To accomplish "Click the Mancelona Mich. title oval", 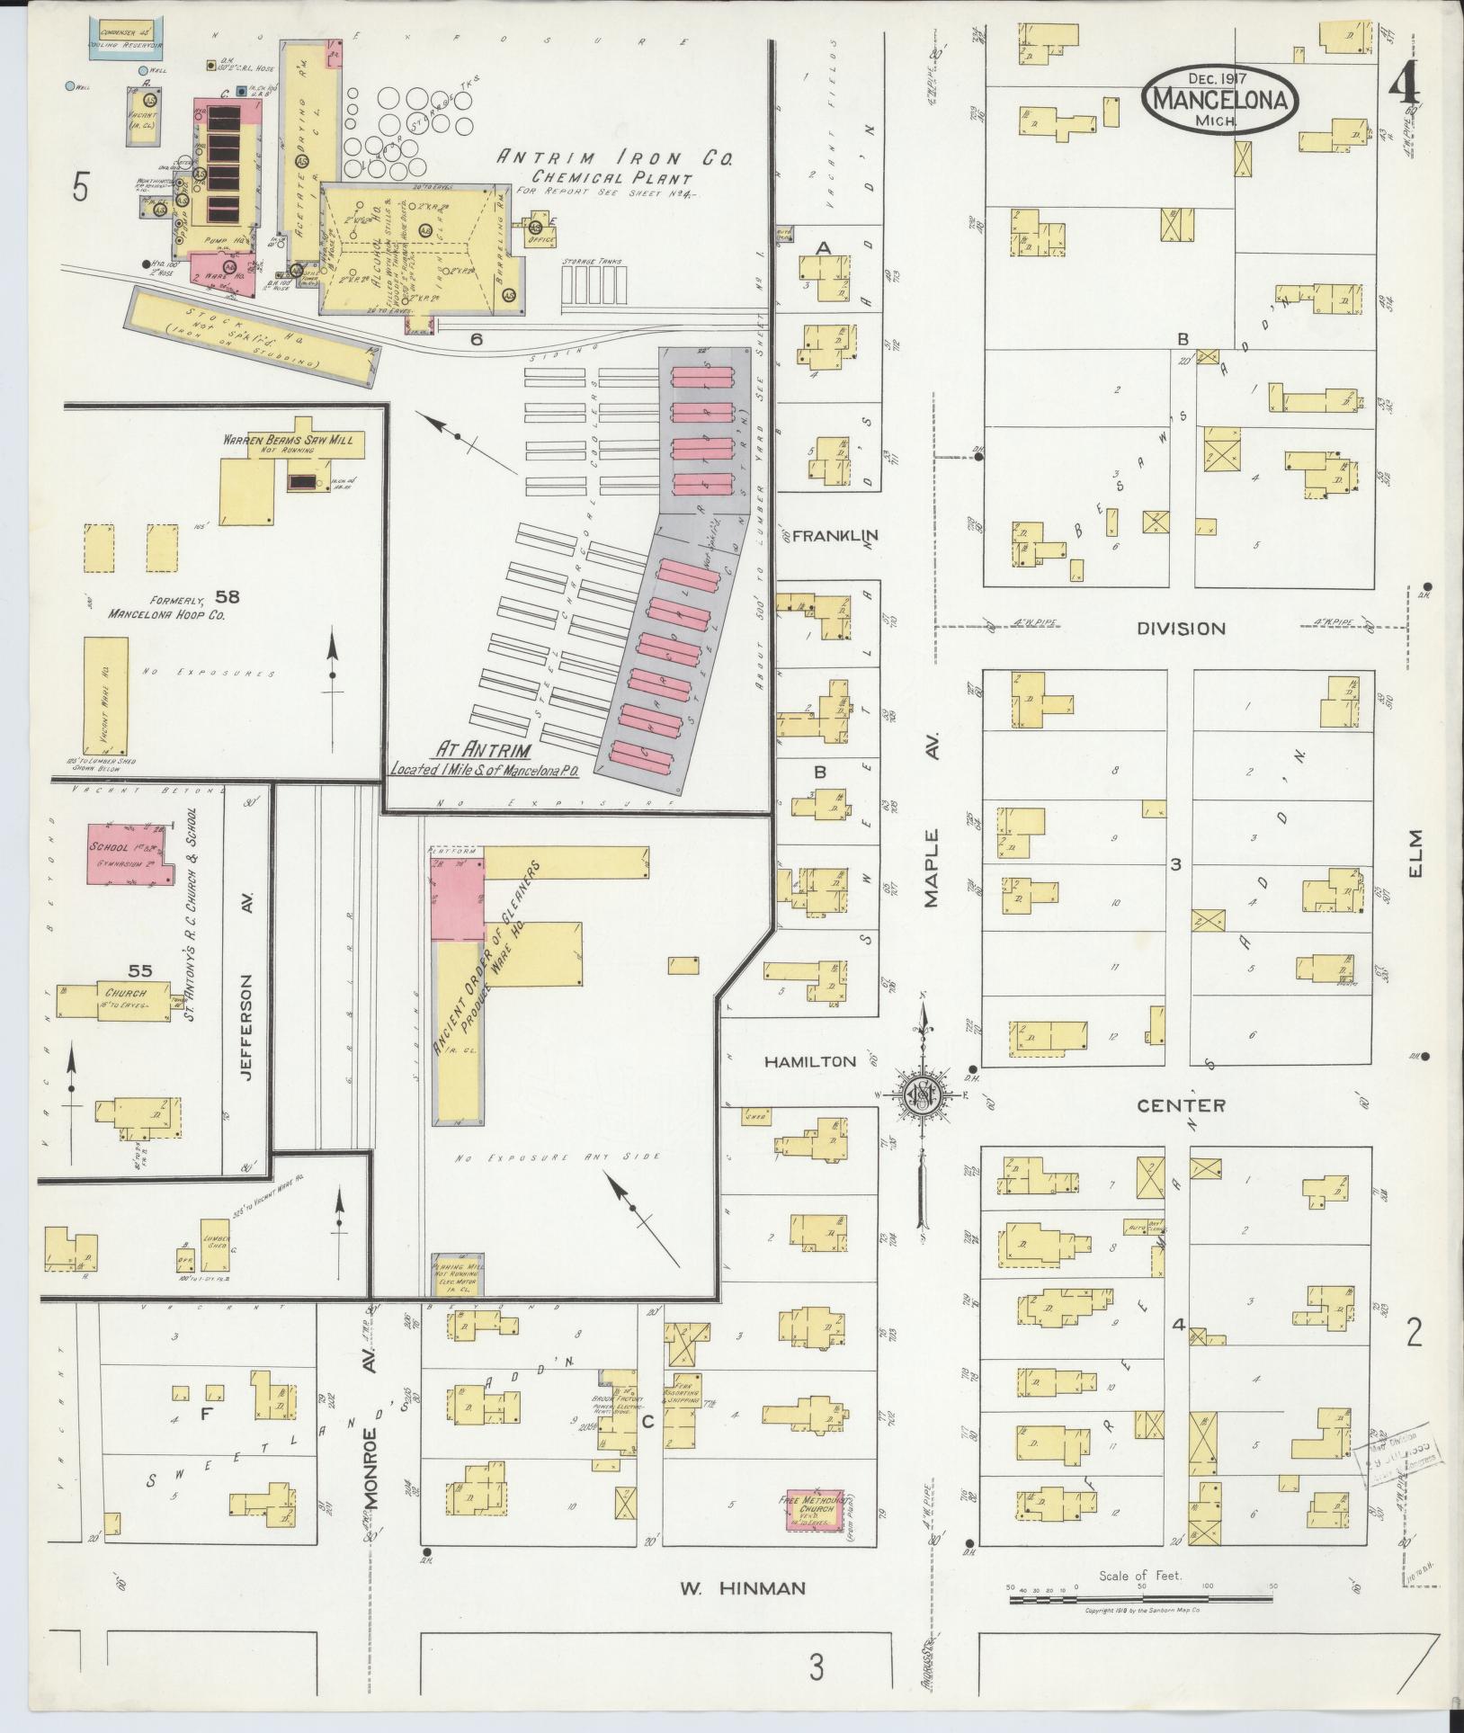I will pyautogui.click(x=1224, y=99).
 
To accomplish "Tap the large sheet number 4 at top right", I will pyautogui.click(x=1405, y=90).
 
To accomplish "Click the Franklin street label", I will pyautogui.click(x=835, y=536).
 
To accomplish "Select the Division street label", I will pyautogui.click(x=1181, y=629).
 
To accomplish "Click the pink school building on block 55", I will pyautogui.click(x=132, y=851).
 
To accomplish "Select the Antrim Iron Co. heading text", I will pyautogui.click(x=616, y=159).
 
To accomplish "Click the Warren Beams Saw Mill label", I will pyautogui.click(x=294, y=441).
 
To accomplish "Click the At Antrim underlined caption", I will pyautogui.click(x=484, y=749).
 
